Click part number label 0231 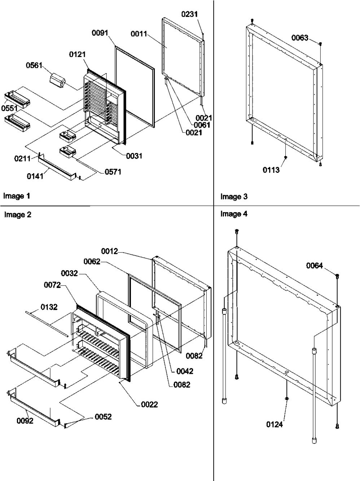(189, 14)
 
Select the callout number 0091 (100, 33)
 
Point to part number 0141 (35, 176)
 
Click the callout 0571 (113, 172)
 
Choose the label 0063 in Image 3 (299, 38)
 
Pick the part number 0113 (271, 170)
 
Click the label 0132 (49, 307)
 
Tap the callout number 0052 (103, 416)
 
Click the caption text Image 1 (17, 196)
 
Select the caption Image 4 (234, 214)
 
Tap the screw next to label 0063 (320, 44)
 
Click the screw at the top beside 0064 (337, 276)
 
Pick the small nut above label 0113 (285, 157)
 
